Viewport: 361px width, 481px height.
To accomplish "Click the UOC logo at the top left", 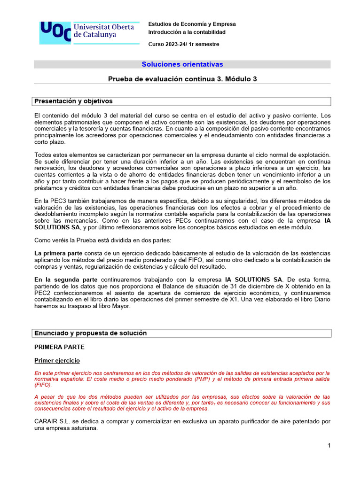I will [x=55, y=32].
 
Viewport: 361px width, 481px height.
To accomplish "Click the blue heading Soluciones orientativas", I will [x=182, y=64].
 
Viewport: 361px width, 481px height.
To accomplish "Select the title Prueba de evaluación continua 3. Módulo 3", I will [x=182, y=79].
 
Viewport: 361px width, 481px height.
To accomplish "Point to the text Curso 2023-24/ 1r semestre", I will [x=183, y=44].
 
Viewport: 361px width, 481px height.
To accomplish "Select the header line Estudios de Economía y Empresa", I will [x=192, y=24].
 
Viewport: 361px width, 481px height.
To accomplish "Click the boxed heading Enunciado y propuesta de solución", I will [x=90, y=333].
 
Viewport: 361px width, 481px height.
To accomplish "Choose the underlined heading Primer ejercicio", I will [x=57, y=360].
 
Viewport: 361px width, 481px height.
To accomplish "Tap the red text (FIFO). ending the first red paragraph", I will [x=43, y=385].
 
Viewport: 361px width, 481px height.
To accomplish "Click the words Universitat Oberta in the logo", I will [x=103, y=27].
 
